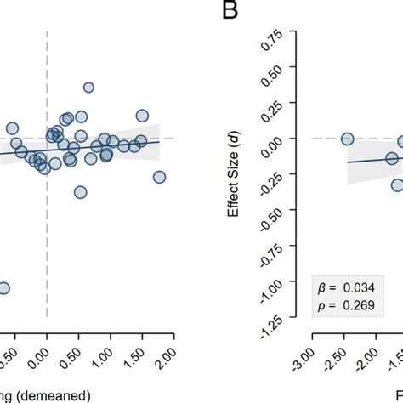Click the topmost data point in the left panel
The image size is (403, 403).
(88, 88)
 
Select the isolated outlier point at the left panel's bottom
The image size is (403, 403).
(3, 288)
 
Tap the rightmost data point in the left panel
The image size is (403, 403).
(159, 177)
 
